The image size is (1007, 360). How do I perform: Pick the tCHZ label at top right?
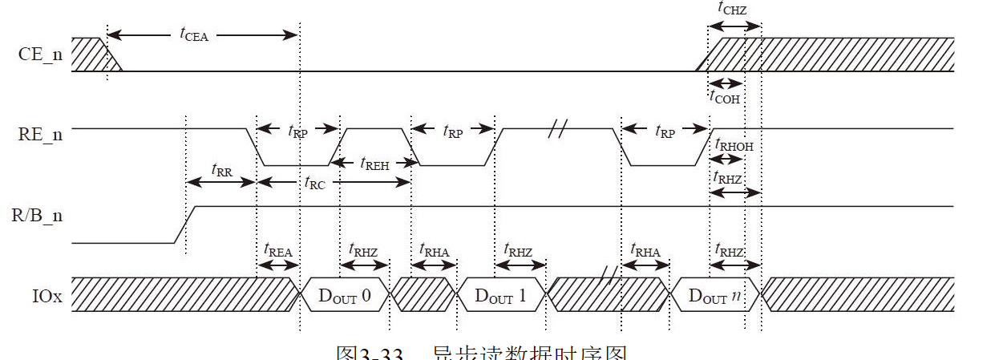click(734, 10)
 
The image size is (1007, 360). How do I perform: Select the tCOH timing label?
click(725, 97)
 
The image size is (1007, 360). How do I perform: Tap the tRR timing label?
click(222, 170)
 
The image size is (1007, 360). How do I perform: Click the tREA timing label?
click(277, 249)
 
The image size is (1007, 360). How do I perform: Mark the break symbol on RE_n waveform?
click(558, 128)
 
